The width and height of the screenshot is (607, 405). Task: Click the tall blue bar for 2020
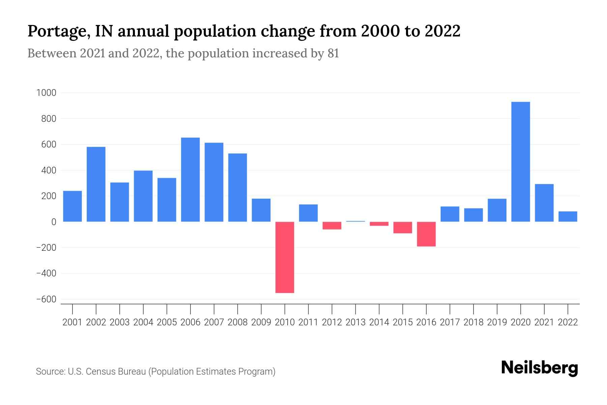pyautogui.click(x=520, y=162)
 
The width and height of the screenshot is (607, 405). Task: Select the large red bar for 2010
pyautogui.click(x=285, y=257)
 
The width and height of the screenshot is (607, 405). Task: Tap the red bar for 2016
pyautogui.click(x=426, y=234)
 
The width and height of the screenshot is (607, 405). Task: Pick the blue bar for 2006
pyautogui.click(x=190, y=180)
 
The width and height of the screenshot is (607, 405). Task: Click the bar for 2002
pyautogui.click(x=96, y=184)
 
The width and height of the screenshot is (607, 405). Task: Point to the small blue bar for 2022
pyautogui.click(x=568, y=217)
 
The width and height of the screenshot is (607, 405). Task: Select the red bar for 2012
pyautogui.click(x=332, y=225)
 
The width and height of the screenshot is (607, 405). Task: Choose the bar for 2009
pyautogui.click(x=261, y=210)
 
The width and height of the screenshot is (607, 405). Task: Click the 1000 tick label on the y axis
pyautogui.click(x=46, y=93)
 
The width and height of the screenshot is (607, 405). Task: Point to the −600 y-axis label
pyautogui.click(x=46, y=299)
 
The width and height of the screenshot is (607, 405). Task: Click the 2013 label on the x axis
pyautogui.click(x=355, y=322)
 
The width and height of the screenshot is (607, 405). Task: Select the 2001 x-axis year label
pyautogui.click(x=73, y=322)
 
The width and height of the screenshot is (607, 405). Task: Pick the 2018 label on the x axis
pyautogui.click(x=473, y=322)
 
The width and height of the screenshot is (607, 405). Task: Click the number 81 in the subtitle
pyautogui.click(x=333, y=53)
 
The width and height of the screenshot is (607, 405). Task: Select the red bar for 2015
pyautogui.click(x=403, y=227)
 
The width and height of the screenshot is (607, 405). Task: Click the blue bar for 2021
pyautogui.click(x=544, y=203)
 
